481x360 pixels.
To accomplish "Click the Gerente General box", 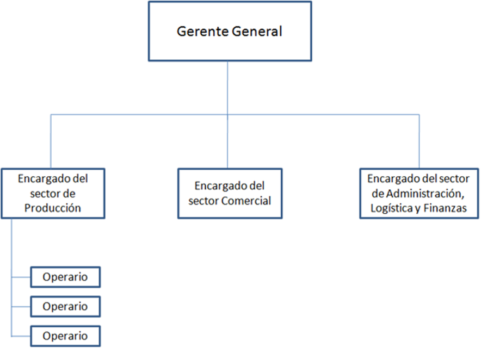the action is tap(230, 32).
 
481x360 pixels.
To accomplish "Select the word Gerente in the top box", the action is tap(203, 32).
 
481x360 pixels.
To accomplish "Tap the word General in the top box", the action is tap(257, 32).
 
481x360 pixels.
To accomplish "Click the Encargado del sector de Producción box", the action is tap(53, 194).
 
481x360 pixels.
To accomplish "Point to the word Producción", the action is tap(53, 208).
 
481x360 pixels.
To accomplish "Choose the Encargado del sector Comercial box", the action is tap(230, 194).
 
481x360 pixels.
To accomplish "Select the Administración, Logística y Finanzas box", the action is tap(419, 194).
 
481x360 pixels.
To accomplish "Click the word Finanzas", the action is tap(445, 208).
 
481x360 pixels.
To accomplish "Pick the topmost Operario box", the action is tap(65, 277).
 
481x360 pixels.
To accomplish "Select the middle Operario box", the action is tap(65, 307).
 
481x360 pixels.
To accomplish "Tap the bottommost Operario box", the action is tap(65, 336).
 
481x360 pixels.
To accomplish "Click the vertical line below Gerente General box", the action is tap(227, 115).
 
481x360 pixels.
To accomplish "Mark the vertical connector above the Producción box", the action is tap(51, 141).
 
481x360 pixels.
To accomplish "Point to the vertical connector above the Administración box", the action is tap(420, 141).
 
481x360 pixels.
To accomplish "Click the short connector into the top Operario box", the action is tap(21, 277).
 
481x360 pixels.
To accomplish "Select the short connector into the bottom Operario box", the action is tap(21, 336).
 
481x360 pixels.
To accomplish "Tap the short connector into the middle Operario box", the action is tap(21, 307).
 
